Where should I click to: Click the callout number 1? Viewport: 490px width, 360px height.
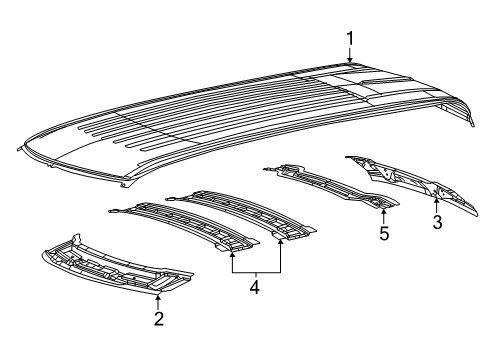pyautogui.click(x=350, y=39)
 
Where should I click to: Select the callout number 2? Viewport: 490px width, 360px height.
pyautogui.click(x=159, y=319)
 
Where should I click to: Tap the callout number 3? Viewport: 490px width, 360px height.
pyautogui.click(x=437, y=222)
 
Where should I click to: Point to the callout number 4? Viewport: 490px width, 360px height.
pyautogui.click(x=255, y=287)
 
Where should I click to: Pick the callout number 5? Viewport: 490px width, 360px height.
pyautogui.click(x=384, y=233)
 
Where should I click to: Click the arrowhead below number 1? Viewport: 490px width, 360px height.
pyautogui.click(x=350, y=59)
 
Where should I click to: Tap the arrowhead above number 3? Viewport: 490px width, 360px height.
pyautogui.click(x=436, y=200)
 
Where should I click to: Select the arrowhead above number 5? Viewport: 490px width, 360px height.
pyautogui.click(x=384, y=211)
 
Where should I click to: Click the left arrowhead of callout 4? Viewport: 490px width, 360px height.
pyautogui.click(x=232, y=255)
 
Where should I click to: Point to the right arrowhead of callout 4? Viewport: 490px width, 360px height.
pyautogui.click(x=281, y=242)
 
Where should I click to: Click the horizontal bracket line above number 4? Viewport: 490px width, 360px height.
pyautogui.click(x=256, y=273)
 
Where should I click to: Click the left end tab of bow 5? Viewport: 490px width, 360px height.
pyautogui.click(x=267, y=169)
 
